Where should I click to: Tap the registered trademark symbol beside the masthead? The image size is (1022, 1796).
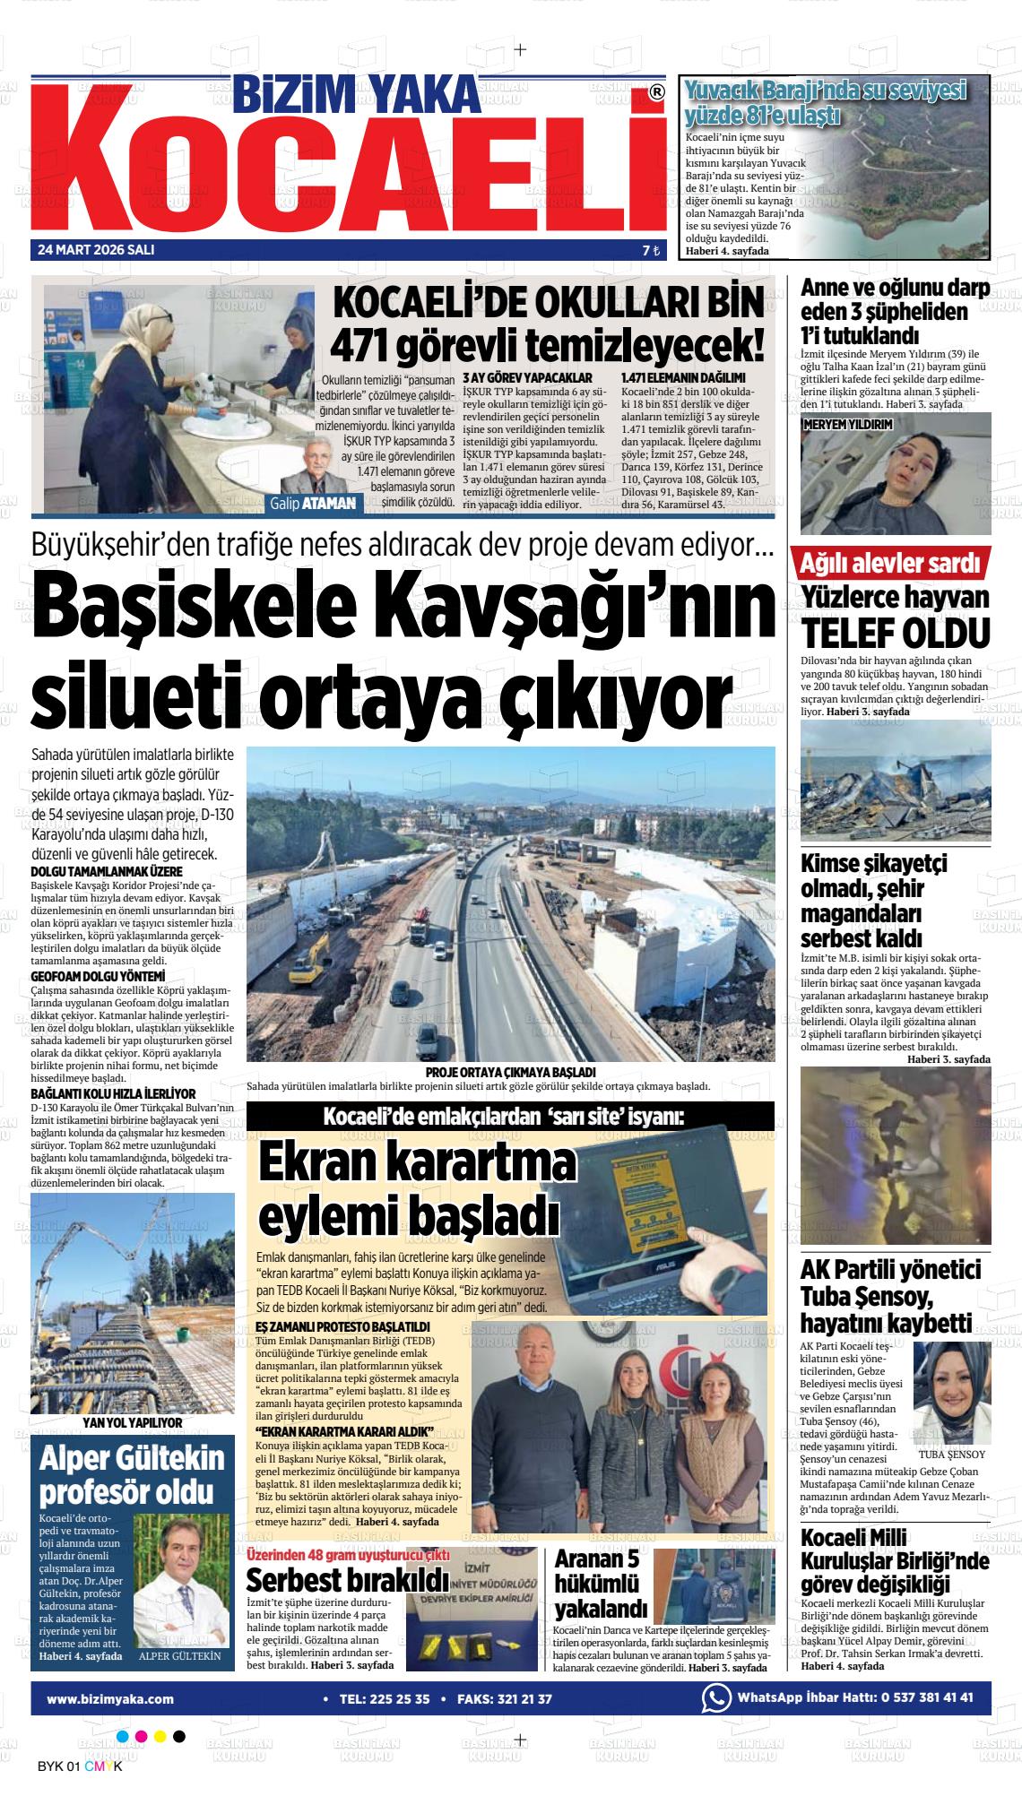657,91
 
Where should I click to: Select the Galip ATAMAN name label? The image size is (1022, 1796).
313,505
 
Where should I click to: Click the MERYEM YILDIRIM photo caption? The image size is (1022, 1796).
847,426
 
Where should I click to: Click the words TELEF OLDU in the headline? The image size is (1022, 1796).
896,632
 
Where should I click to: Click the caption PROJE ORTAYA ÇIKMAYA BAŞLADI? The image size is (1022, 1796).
511,1072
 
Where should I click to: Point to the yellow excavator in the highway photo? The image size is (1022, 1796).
307,963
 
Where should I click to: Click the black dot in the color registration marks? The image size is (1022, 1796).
179,1736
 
